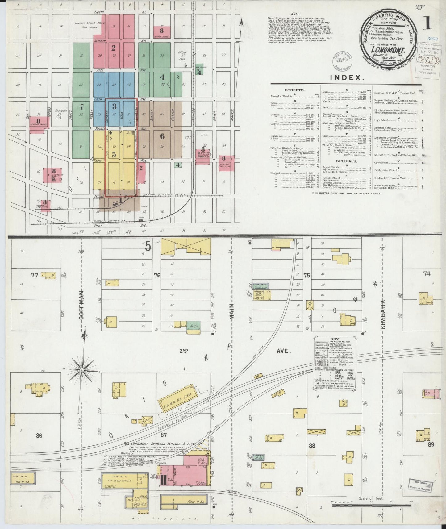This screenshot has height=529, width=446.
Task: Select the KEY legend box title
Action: (x=334, y=339)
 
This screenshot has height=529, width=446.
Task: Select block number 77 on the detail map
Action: (x=34, y=275)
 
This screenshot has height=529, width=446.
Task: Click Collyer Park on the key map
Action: (x=182, y=56)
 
